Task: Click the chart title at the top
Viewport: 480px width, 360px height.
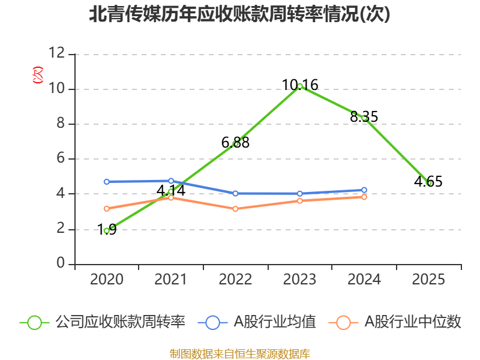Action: coord(239,14)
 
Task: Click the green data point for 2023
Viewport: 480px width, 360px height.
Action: coord(299,86)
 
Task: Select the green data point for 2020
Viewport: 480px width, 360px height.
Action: coord(106,230)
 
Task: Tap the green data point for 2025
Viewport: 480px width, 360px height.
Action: coord(428,183)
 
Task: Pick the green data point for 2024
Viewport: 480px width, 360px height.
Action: coord(364,118)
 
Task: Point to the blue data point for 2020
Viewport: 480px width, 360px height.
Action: coord(106,181)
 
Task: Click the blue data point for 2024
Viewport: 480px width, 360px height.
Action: coord(364,190)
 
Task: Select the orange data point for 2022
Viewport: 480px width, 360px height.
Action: coord(235,209)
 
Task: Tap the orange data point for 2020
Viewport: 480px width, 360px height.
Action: coord(106,209)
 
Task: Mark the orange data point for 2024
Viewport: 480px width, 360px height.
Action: coord(364,197)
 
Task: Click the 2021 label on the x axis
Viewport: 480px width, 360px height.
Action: coord(170,280)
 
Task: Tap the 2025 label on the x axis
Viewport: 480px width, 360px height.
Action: coord(428,280)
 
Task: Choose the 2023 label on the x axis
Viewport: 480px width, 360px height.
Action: coord(299,280)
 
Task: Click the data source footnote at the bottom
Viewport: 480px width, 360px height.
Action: coord(239,353)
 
